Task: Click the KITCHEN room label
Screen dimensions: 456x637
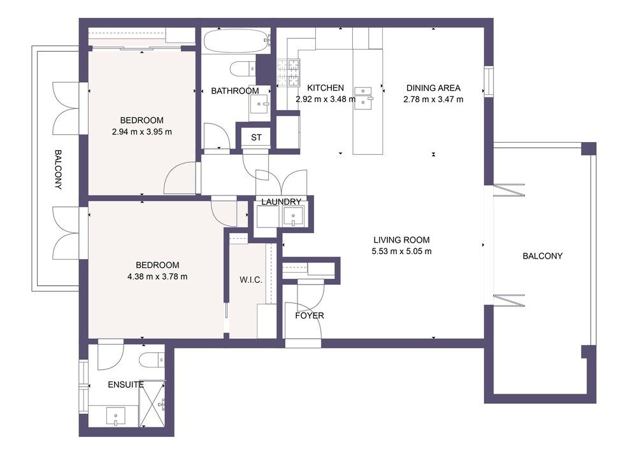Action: [326, 88]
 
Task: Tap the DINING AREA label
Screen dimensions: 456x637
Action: [433, 88]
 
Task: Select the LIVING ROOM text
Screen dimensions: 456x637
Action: [401, 240]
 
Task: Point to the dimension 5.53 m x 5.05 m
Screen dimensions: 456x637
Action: [401, 251]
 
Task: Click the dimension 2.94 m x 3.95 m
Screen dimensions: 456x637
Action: [142, 132]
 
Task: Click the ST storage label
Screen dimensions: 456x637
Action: [256, 138]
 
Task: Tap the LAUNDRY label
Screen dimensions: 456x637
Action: [281, 202]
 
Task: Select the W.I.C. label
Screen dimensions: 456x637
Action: [251, 280]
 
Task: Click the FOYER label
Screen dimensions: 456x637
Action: [310, 315]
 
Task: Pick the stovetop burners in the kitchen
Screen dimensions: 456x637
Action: [288, 73]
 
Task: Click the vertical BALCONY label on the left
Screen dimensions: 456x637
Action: [58, 170]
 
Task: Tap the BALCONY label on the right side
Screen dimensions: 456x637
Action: [542, 256]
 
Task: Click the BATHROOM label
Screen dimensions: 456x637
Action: [234, 91]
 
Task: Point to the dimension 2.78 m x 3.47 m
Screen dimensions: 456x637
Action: [433, 99]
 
